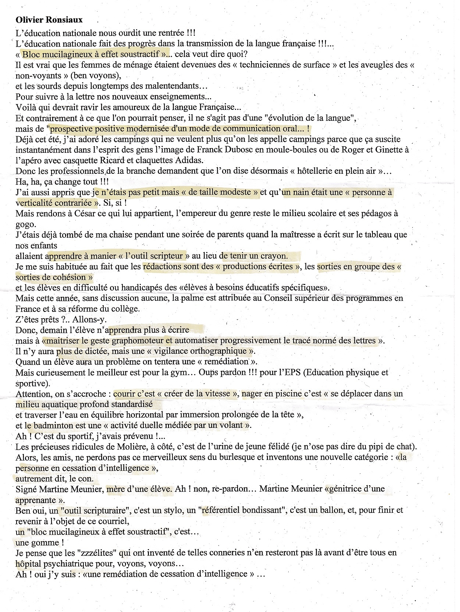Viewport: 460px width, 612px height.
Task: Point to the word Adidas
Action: point(189,160)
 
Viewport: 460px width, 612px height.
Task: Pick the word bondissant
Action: point(264,510)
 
